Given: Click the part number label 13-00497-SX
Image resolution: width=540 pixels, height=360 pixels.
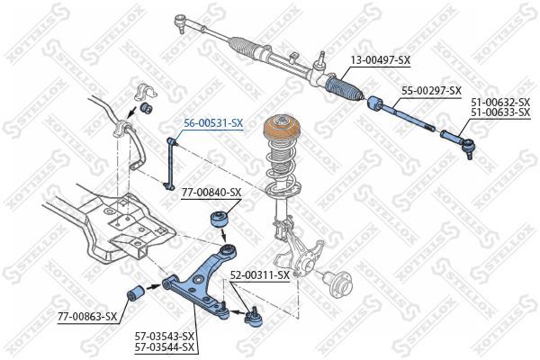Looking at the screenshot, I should point(379,60).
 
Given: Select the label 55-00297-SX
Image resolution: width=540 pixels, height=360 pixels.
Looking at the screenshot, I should point(431,91).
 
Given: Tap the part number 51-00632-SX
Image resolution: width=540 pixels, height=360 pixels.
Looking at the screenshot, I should point(500,103).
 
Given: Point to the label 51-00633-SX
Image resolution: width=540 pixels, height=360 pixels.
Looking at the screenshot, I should point(500,113).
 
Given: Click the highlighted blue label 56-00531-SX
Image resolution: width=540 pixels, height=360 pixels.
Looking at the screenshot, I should point(213,122).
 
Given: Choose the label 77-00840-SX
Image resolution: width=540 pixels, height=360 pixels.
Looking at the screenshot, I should point(211,193).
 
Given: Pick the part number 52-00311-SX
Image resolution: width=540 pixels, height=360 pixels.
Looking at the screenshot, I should point(259,274).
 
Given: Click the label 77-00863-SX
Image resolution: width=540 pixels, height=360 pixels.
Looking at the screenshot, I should point(87,316).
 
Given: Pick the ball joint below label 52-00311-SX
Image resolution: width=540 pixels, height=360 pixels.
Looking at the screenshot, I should point(254,317).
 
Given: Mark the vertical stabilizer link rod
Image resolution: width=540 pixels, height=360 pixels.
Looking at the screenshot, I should point(171,162).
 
